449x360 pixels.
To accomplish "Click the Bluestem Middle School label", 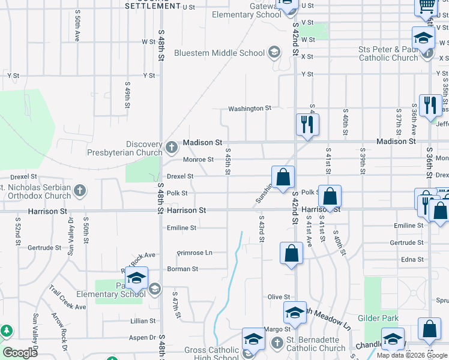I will (x=219, y=53).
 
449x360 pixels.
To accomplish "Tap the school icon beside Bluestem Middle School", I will (x=274, y=53).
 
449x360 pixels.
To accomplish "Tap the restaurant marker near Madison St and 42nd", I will (x=307, y=125).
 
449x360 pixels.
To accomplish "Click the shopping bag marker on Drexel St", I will (x=283, y=177).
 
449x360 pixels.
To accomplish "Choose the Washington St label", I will (x=249, y=109).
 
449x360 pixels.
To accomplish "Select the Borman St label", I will (x=182, y=269).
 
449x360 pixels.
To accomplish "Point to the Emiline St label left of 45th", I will (x=181, y=228).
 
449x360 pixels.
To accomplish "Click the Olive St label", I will (x=279, y=297).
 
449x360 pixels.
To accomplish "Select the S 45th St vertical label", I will (x=228, y=163).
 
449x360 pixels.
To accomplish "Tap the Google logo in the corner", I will (x=20, y=353).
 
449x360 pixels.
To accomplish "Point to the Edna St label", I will (x=412, y=260).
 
